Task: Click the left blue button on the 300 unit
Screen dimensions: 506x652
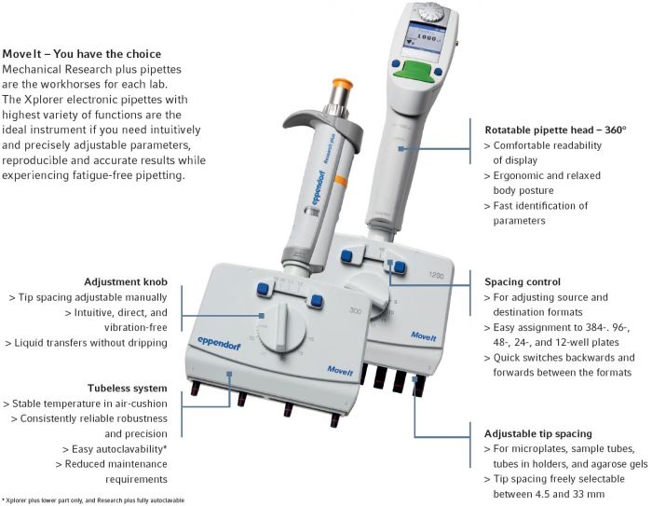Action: click(x=264, y=292)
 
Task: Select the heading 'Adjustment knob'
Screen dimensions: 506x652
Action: click(x=126, y=282)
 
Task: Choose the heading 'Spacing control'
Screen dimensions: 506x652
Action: click(x=522, y=280)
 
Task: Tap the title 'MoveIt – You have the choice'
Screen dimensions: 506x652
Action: click(x=82, y=54)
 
